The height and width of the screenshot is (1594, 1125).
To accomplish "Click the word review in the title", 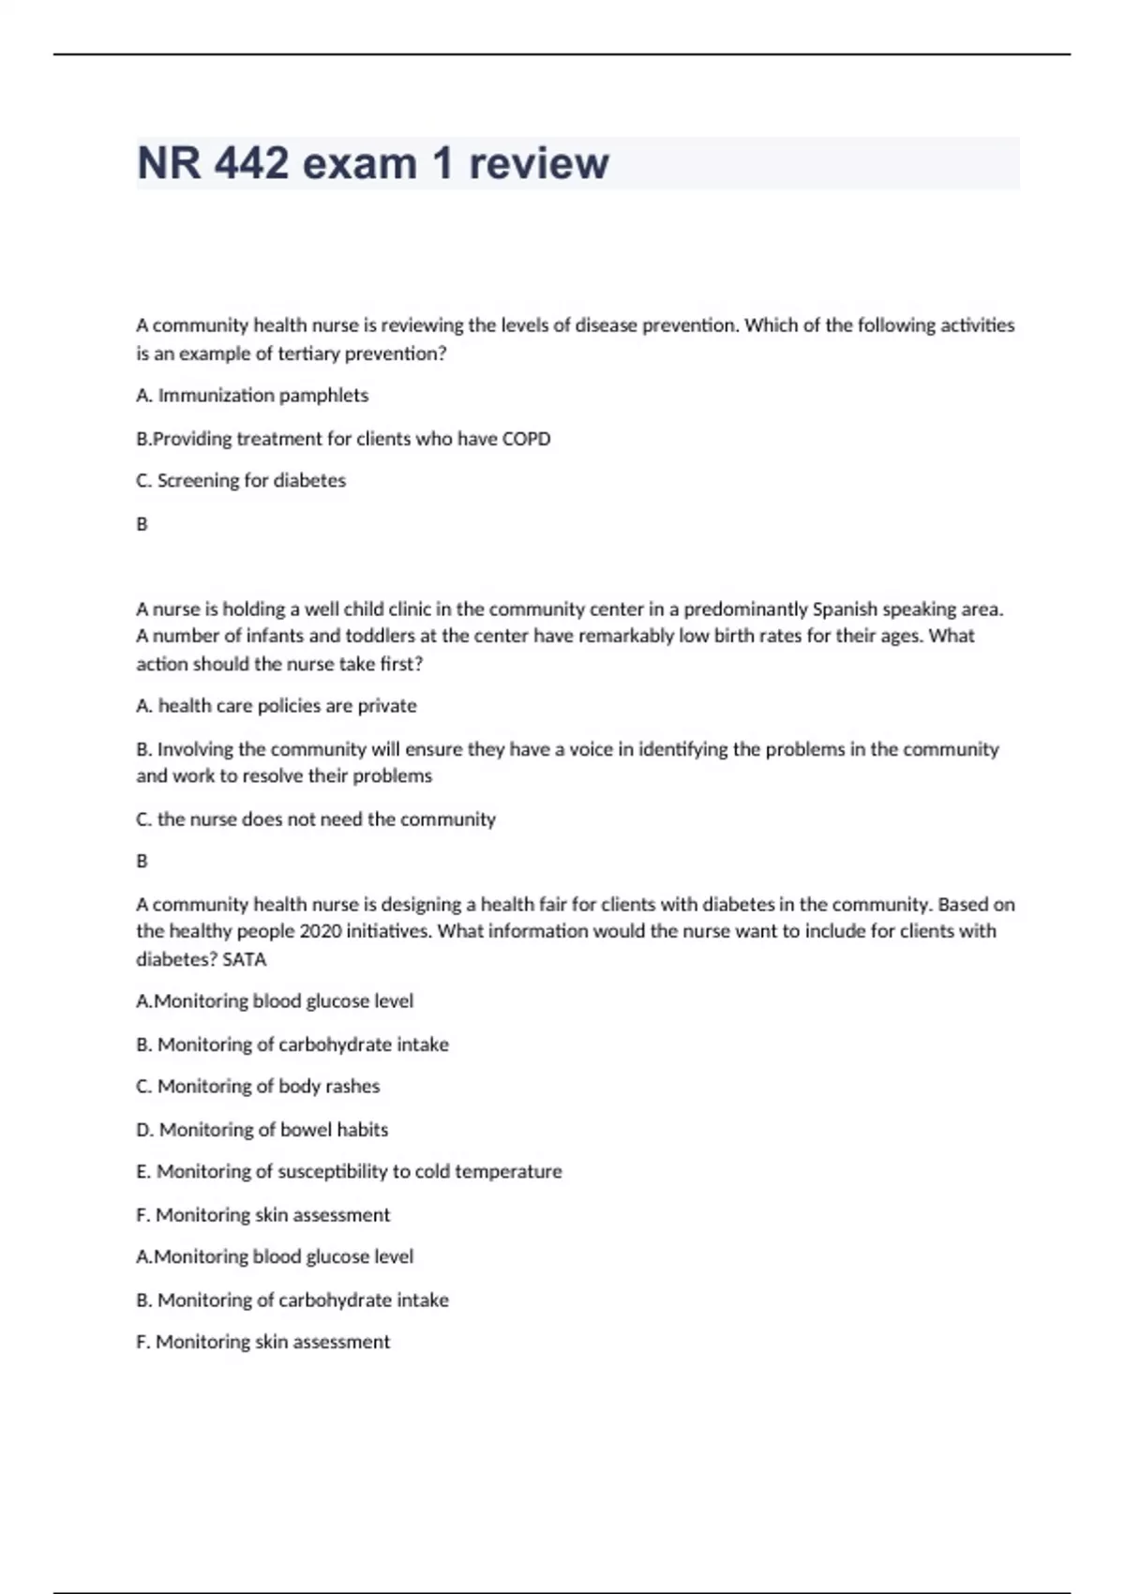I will pyautogui.click(x=538, y=163).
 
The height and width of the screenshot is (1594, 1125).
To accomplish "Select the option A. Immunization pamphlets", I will pyautogui.click(x=252, y=396).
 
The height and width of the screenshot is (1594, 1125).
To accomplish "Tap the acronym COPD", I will pyautogui.click(x=526, y=439).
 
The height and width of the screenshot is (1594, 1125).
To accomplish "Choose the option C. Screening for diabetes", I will pyautogui.click(x=241, y=481).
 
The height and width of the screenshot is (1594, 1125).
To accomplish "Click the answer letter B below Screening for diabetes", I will pyautogui.click(x=142, y=524).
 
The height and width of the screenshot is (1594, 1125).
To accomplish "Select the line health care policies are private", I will pyautogui.click(x=277, y=706).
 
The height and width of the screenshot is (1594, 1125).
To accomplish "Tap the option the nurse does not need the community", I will pyautogui.click(x=316, y=820).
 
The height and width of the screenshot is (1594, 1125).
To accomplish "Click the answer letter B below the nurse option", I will pyautogui.click(x=142, y=861).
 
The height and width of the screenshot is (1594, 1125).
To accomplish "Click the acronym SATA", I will pyautogui.click(x=245, y=959).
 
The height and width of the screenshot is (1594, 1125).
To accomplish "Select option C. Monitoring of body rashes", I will pyautogui.click(x=258, y=1087).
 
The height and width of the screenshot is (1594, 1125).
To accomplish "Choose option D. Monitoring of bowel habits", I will pyautogui.click(x=262, y=1130).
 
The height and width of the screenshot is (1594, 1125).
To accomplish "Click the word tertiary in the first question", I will pyautogui.click(x=309, y=354).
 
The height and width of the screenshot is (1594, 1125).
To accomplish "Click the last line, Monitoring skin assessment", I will pyautogui.click(x=262, y=1342).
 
